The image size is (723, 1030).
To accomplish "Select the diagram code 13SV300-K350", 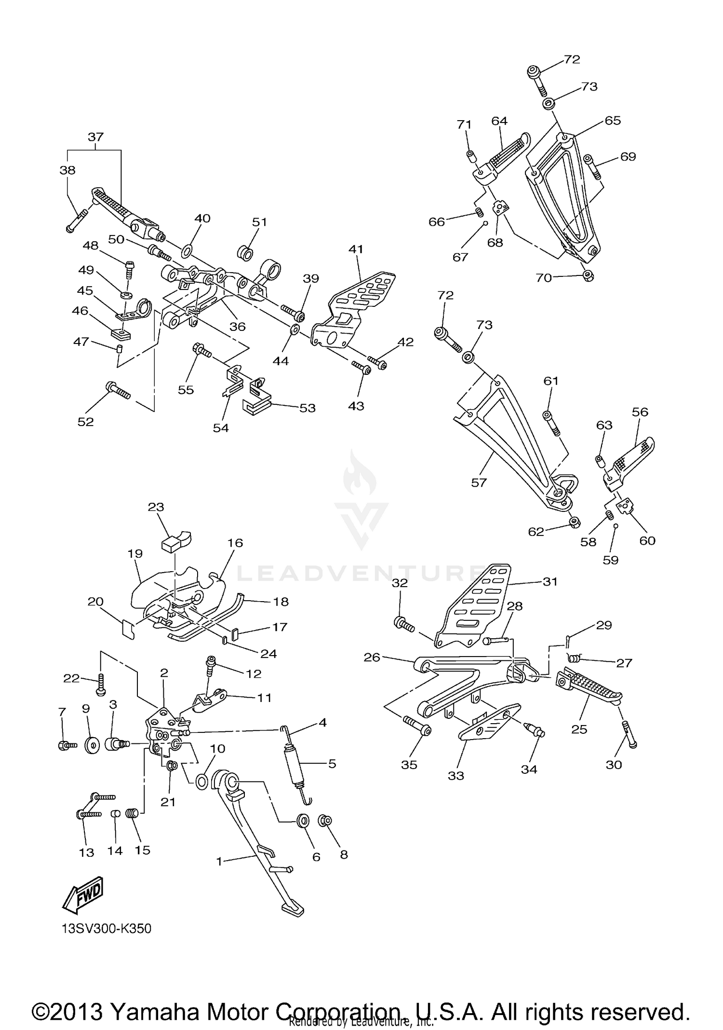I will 107,929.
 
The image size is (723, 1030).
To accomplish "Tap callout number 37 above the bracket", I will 95,137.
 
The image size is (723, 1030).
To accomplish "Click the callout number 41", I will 356,249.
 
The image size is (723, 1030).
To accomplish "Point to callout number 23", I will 156,507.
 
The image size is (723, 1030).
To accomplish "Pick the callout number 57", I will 479,482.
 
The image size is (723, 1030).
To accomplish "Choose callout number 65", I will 613,121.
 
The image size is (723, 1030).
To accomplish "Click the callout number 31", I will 550,582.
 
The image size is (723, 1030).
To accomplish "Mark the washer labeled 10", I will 202,781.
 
